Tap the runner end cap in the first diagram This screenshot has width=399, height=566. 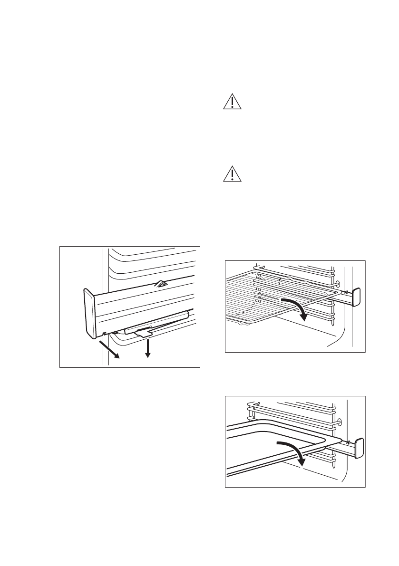[x=89, y=312]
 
